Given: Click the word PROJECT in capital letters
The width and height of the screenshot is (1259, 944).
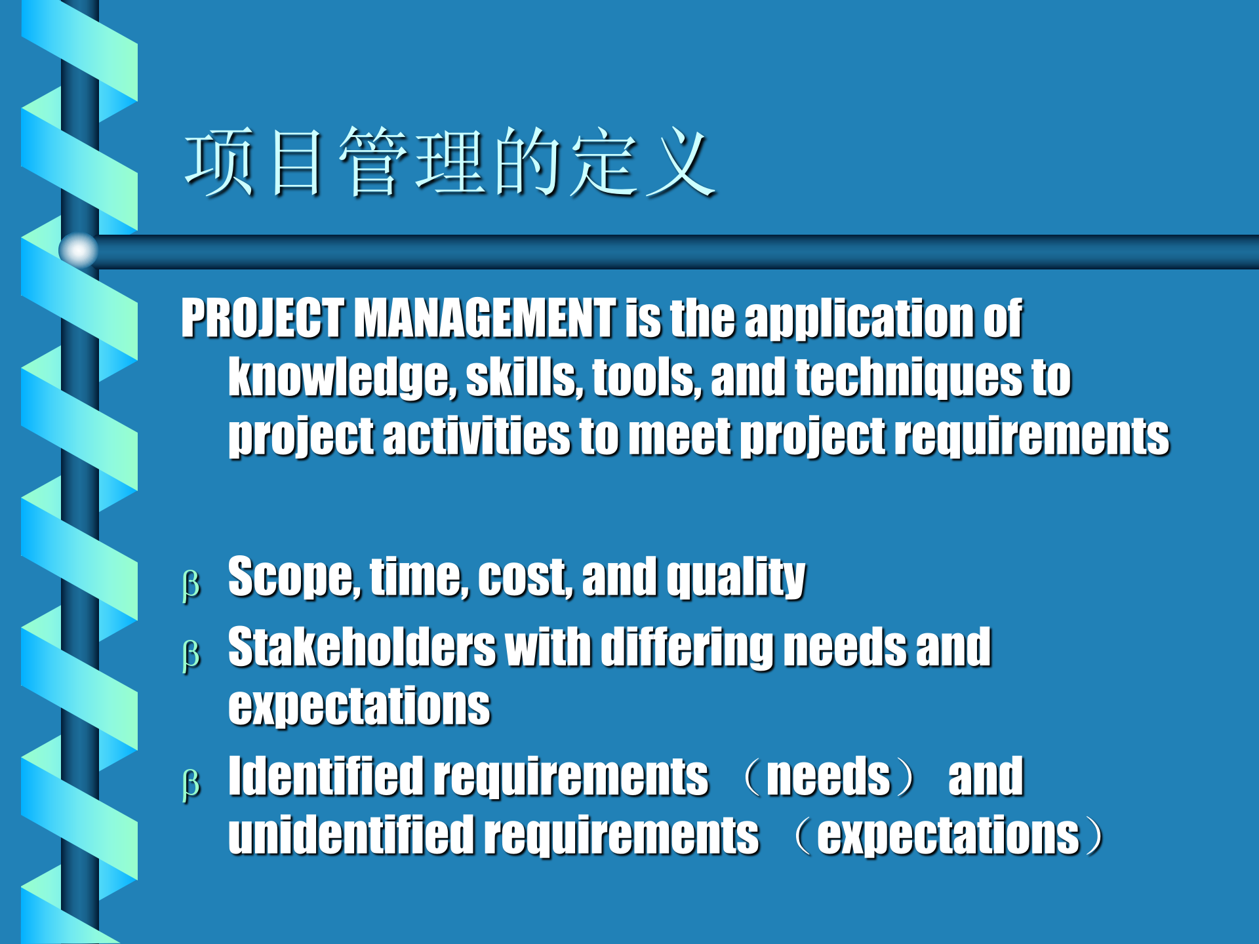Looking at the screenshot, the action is (262, 318).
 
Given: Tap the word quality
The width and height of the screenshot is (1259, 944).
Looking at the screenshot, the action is (736, 578).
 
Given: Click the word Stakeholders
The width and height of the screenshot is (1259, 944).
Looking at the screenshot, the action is (362, 647).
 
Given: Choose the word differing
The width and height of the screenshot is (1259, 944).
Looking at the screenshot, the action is (687, 648).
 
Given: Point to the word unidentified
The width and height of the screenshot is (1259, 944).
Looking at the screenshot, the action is (351, 835).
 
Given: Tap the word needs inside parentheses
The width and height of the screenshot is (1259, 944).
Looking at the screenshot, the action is (828, 777).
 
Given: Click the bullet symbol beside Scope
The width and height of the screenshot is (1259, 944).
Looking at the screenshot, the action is (191, 584).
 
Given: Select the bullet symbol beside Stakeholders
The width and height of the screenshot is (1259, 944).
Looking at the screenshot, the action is (191, 655).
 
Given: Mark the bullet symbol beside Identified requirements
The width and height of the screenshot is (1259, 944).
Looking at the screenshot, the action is (191, 783).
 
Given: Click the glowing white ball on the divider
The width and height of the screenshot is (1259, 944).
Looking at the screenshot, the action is (79, 250).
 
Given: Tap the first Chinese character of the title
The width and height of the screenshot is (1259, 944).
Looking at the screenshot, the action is (220, 162).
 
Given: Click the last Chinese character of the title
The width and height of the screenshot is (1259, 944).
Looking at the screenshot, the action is (680, 162).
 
